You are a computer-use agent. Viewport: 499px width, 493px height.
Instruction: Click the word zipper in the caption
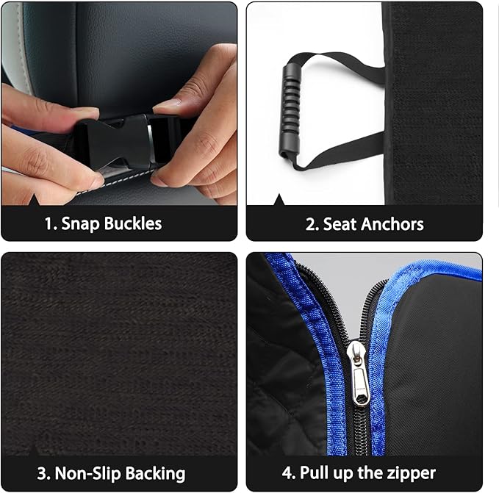click(x=409, y=473)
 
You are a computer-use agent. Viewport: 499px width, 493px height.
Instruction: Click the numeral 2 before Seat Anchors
click(x=310, y=223)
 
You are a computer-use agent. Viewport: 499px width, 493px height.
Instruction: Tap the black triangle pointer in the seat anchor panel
click(x=279, y=201)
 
